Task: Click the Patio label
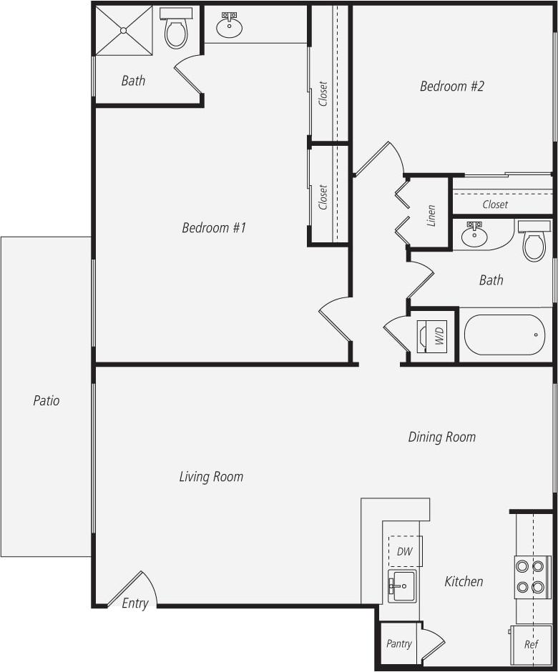tap(46, 400)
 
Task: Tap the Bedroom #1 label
tap(214, 228)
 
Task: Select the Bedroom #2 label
tap(451, 87)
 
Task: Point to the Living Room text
tap(211, 477)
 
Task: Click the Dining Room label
tap(441, 437)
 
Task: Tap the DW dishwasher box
tap(404, 551)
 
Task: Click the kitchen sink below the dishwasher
tap(401, 586)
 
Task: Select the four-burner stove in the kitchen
tap(532, 577)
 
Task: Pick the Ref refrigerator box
tap(530, 644)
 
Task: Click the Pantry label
tap(398, 643)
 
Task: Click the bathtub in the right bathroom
tap(504, 335)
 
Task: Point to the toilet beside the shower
tap(176, 29)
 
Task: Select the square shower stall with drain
tap(124, 30)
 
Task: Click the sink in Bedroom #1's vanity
tap(229, 26)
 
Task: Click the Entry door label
tap(134, 603)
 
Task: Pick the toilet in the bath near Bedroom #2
tap(534, 242)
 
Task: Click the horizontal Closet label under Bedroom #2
tap(495, 204)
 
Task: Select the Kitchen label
tap(464, 582)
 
